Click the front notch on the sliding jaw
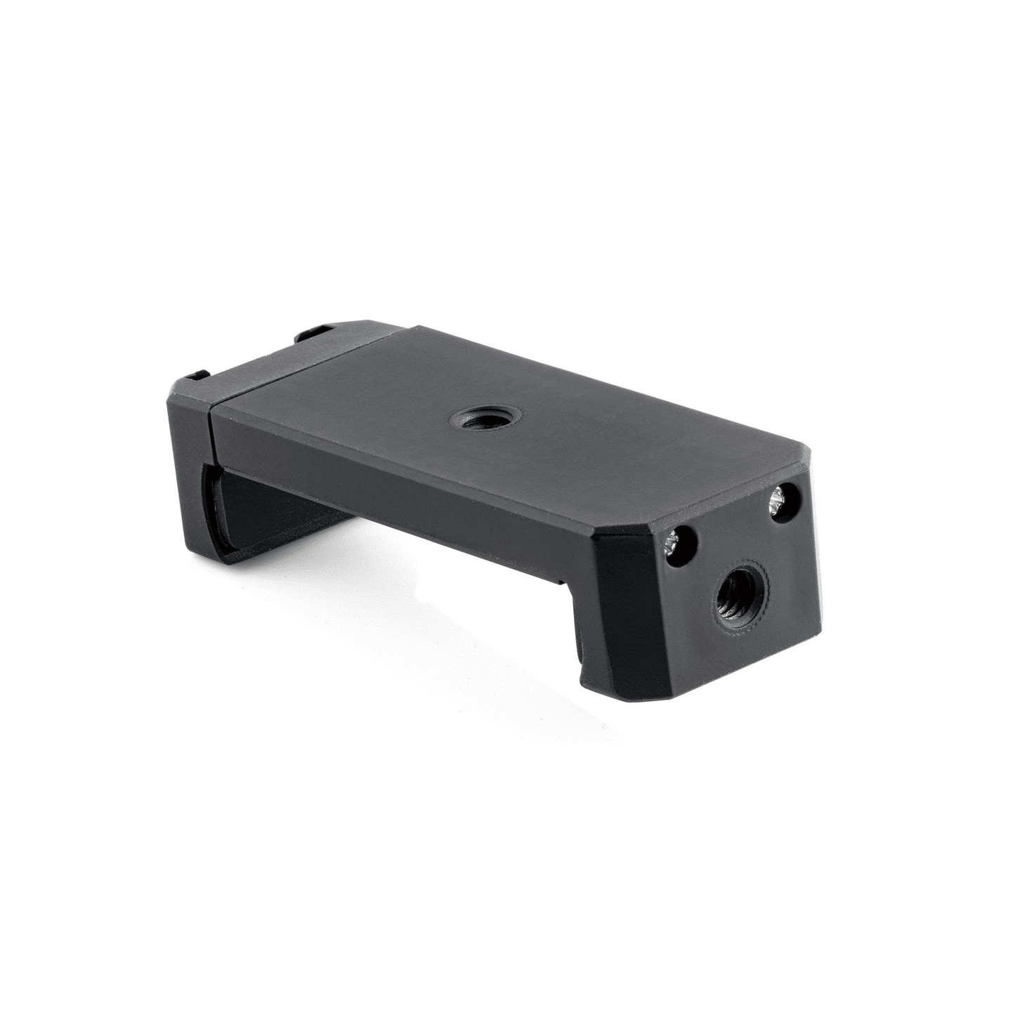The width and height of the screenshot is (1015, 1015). point(200,374)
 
